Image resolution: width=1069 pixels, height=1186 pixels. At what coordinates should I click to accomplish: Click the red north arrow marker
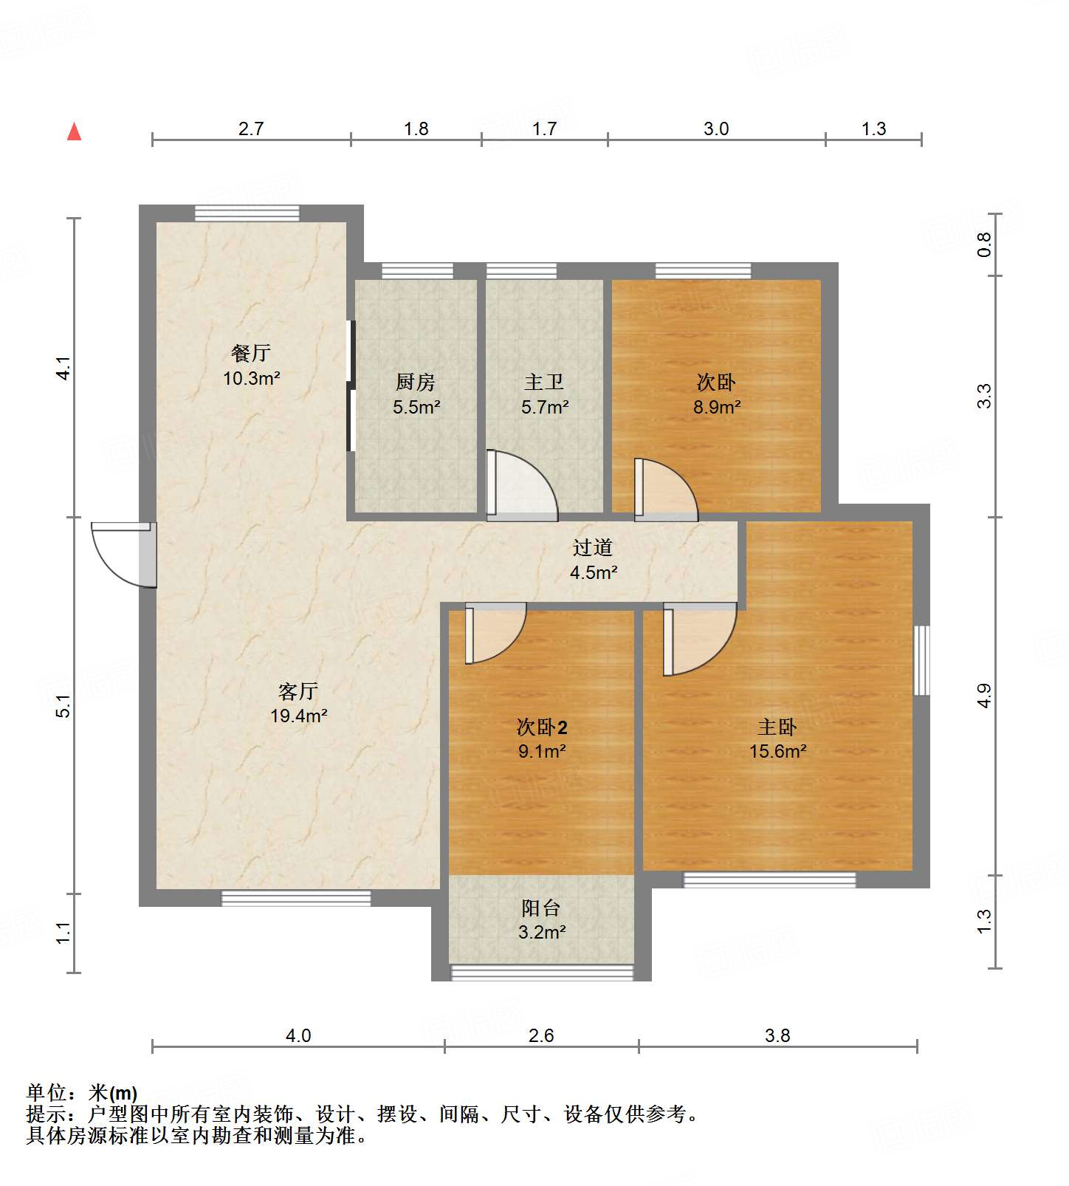point(74,132)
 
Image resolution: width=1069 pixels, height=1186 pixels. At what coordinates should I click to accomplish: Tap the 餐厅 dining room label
point(251,353)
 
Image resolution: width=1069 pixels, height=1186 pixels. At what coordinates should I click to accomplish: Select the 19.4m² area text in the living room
point(298,716)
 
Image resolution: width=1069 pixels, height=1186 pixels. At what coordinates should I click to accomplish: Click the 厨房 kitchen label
point(416,382)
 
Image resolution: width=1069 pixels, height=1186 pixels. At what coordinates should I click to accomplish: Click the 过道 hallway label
point(593,547)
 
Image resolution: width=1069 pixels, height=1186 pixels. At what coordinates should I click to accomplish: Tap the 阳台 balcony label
point(541,908)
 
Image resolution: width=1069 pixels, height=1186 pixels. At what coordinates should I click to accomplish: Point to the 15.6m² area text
point(777,752)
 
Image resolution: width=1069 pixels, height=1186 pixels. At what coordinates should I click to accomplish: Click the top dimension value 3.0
point(715,129)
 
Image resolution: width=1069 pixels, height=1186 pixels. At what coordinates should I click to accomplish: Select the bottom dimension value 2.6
point(541,1035)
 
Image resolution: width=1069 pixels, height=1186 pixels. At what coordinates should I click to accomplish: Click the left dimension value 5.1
point(64,706)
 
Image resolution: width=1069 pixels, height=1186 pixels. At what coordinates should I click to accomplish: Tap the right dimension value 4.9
point(984,696)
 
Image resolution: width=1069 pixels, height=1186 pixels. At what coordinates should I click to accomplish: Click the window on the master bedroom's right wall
point(921,660)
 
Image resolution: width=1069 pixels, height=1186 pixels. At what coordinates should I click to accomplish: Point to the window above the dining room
point(247,213)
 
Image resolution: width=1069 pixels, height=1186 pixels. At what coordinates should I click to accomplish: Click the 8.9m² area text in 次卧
point(716,407)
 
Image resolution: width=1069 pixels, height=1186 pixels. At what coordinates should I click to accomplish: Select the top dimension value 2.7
point(251,129)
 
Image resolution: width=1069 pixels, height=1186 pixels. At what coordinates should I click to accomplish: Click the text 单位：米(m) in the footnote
point(81,1093)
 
